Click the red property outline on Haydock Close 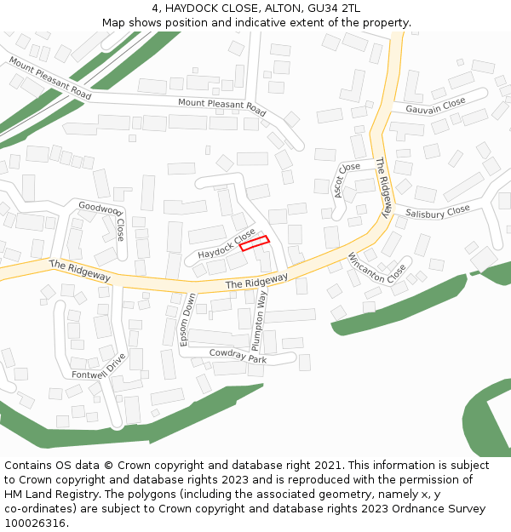254,243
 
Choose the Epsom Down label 187,318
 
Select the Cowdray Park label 238,355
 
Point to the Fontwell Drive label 100,367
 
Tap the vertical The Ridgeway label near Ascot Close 384,186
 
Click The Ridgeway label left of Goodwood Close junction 80,272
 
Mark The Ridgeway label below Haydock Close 256,282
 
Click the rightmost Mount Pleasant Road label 221,107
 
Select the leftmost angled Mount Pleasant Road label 49,78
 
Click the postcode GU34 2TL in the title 332,8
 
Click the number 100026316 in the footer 35,523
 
